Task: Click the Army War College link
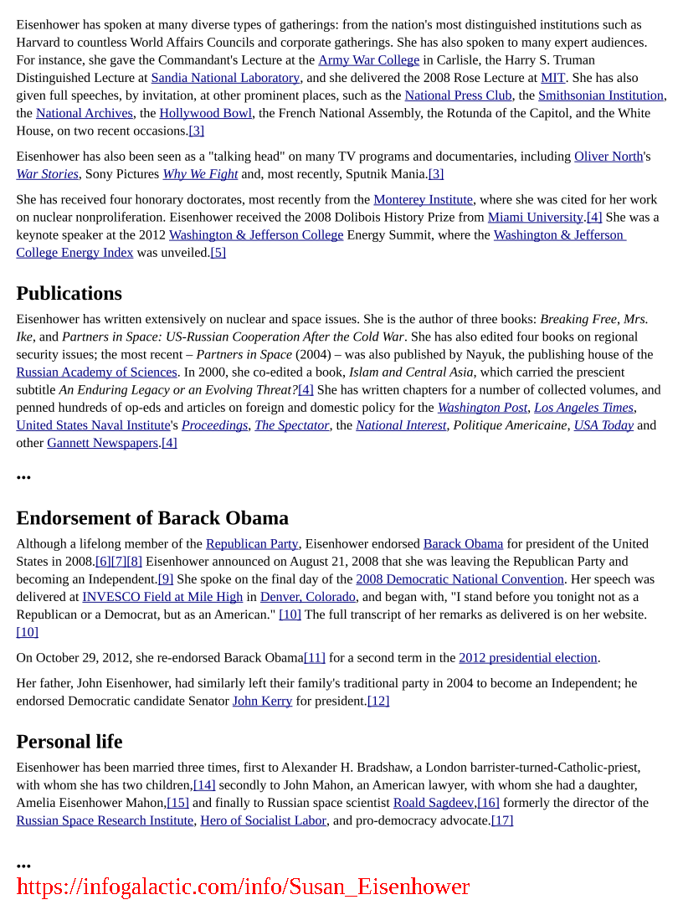click(368, 60)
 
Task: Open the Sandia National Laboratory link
click(225, 78)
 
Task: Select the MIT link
click(553, 78)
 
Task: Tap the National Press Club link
click(458, 95)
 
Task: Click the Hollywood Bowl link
click(206, 113)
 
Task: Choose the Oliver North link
click(609, 157)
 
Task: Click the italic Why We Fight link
click(200, 174)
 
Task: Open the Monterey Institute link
click(424, 200)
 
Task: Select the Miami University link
click(536, 218)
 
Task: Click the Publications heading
click(69, 294)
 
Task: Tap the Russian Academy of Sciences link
click(96, 373)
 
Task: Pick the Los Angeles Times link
click(583, 408)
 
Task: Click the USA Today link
click(603, 425)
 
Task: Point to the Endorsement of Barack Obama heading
click(152, 518)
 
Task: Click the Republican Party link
click(252, 544)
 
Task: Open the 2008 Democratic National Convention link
click(460, 579)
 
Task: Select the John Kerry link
click(262, 702)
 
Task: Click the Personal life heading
click(69, 743)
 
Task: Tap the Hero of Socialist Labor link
click(263, 821)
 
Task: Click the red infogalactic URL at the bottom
click(243, 887)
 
